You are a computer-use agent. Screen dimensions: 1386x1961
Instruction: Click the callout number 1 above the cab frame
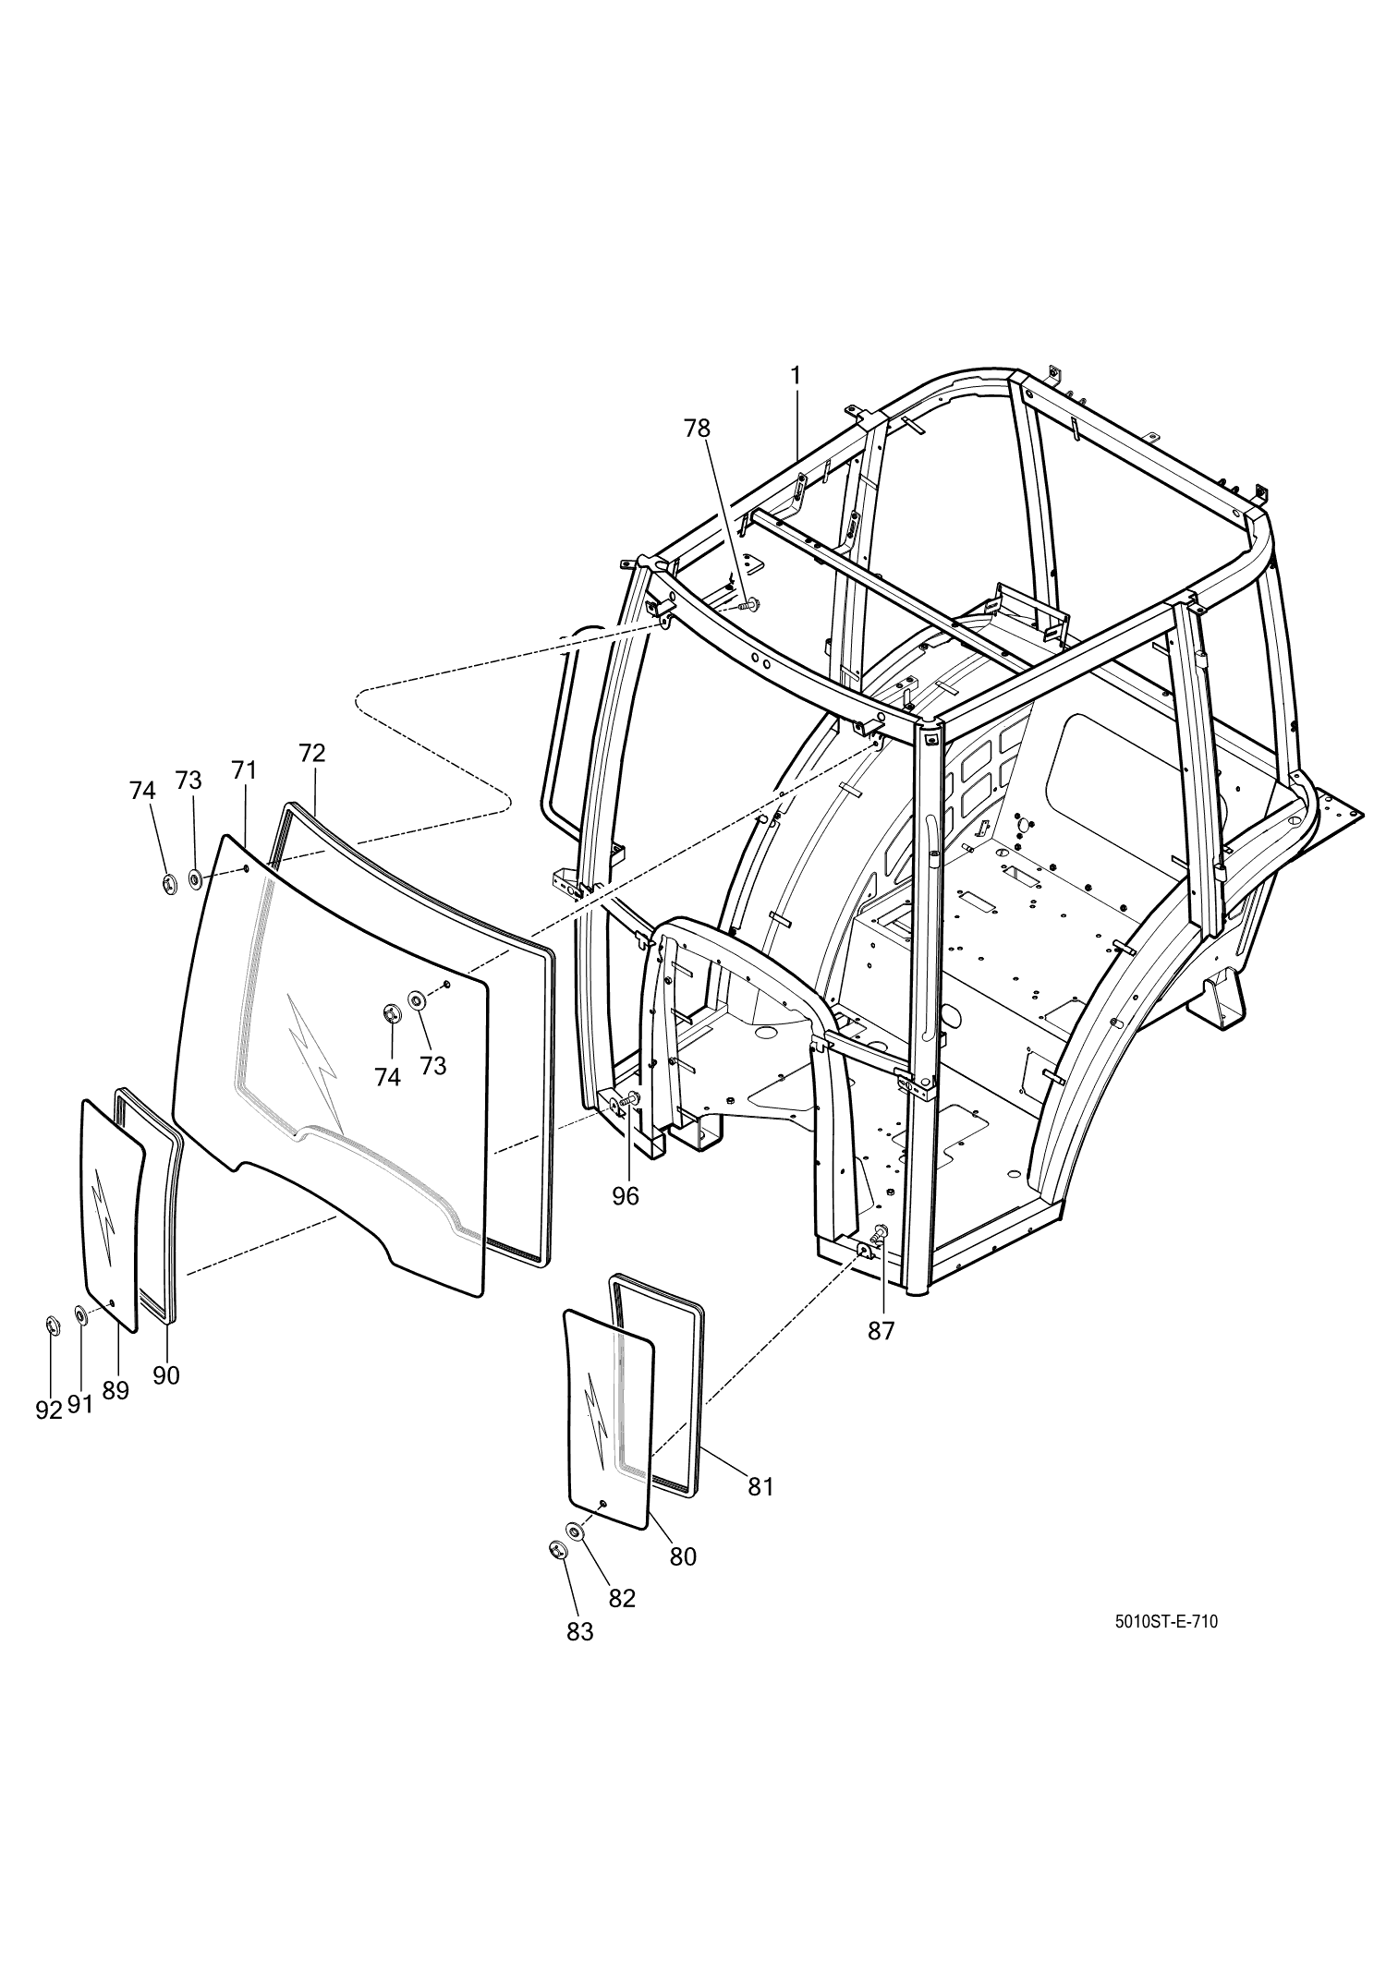[795, 375]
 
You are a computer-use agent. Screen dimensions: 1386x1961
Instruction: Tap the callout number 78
[698, 429]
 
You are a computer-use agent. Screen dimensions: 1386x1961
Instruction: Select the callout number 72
[312, 753]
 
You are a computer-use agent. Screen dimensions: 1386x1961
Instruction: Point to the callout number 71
[244, 769]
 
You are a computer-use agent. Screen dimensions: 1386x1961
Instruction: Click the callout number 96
[626, 1195]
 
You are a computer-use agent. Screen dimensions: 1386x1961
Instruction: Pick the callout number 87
[881, 1331]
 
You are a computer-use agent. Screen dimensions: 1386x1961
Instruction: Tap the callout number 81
[760, 1486]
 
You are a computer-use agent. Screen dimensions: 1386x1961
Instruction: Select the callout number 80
[683, 1556]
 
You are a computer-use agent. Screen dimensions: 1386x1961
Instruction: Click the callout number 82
[623, 1598]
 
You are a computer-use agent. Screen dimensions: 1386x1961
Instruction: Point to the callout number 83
[580, 1632]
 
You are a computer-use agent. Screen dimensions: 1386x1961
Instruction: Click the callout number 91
[80, 1405]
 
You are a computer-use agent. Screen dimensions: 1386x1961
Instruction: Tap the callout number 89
[115, 1391]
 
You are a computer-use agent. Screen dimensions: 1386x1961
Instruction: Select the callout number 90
[166, 1375]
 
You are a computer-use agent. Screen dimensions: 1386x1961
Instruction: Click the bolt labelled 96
[632, 1099]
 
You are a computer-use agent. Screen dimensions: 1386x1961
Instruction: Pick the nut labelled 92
[52, 1327]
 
